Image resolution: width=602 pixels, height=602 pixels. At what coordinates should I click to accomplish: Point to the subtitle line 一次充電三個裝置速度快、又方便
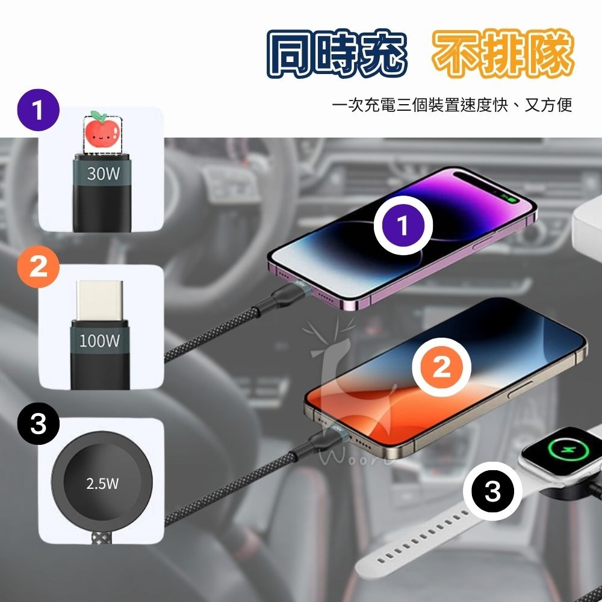click(451, 107)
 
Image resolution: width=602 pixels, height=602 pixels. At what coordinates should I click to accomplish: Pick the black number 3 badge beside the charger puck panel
click(38, 424)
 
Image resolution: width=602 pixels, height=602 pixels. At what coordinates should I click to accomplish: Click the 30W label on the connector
click(103, 175)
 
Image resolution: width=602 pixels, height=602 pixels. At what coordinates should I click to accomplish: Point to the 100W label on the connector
click(100, 341)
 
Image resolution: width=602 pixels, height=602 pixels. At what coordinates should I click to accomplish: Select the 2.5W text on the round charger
click(102, 483)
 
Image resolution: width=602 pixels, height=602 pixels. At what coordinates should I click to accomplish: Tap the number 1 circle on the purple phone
click(403, 226)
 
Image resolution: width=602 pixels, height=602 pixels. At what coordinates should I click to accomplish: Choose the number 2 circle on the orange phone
click(441, 368)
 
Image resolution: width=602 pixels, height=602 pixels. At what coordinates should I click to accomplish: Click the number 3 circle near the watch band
click(492, 491)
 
